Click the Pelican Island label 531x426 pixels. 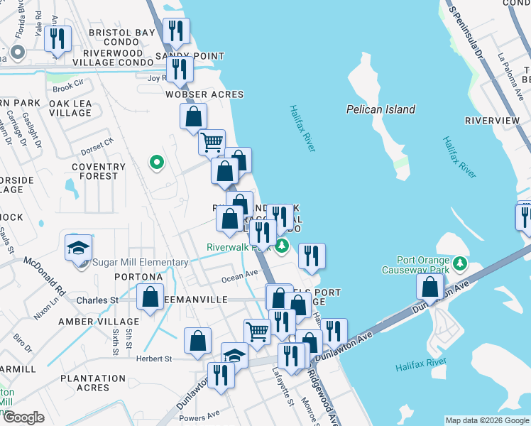[x=381, y=109]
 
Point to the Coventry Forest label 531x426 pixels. [x=99, y=172]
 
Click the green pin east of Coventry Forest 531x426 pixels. [x=156, y=163]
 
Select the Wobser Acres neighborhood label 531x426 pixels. [x=204, y=94]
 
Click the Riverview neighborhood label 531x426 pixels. [x=492, y=121]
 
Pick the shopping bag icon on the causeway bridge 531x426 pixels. [x=430, y=287]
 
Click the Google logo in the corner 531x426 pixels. [x=23, y=417]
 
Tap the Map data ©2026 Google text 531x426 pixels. [x=486, y=420]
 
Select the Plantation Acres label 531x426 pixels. [x=94, y=383]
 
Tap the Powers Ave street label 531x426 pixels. [x=199, y=415]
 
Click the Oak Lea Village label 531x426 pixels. [x=70, y=108]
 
